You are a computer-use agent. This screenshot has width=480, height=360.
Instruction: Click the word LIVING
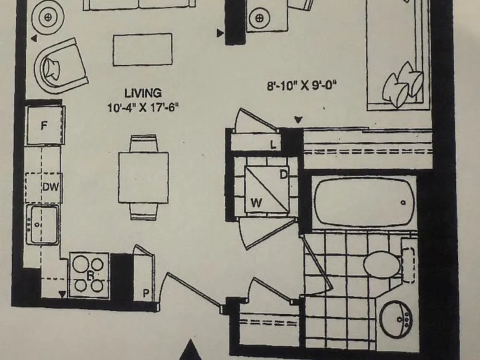[143, 93]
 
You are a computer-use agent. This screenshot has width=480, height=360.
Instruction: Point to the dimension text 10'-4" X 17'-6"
[143, 107]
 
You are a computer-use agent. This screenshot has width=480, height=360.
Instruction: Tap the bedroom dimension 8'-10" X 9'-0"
[302, 85]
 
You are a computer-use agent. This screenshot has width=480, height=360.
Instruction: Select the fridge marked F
[46, 125]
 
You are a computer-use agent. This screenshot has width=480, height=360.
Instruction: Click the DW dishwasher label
[51, 186]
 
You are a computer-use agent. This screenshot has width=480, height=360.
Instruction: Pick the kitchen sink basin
[42, 225]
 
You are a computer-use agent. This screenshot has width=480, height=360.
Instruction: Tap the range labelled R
[89, 275]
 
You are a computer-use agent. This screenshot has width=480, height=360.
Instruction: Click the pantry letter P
[146, 293]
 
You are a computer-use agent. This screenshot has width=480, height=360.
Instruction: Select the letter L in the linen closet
[273, 144]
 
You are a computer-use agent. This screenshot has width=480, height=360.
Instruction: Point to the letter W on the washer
[256, 202]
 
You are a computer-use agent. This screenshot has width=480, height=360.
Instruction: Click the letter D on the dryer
[284, 175]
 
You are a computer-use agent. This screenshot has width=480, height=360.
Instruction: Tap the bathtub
[364, 202]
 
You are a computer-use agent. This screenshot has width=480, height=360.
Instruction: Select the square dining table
[143, 177]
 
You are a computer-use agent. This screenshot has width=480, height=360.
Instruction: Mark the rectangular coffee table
[142, 49]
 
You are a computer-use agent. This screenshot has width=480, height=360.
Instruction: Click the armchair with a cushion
[61, 66]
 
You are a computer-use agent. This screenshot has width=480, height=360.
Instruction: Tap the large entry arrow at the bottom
[191, 350]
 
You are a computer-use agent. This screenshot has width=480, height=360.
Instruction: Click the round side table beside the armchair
[47, 17]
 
